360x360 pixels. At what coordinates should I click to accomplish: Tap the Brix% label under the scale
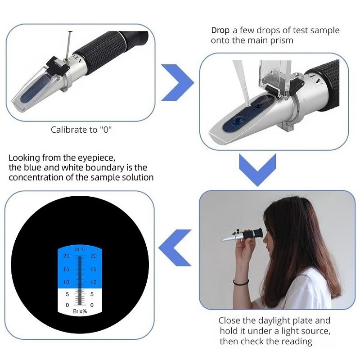tap(80, 311)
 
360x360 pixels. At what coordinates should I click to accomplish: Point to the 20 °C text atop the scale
tap(80, 249)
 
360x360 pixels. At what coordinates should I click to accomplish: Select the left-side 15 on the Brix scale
tap(66, 269)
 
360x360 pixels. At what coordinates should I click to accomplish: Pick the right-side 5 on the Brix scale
tap(92, 294)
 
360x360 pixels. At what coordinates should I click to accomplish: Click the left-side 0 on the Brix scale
tap(67, 305)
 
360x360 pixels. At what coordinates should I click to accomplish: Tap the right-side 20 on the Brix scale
tap(93, 256)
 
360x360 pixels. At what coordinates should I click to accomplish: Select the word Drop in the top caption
tap(220, 30)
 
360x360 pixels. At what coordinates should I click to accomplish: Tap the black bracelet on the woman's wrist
tap(241, 282)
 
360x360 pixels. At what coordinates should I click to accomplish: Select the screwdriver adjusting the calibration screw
tap(68, 46)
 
